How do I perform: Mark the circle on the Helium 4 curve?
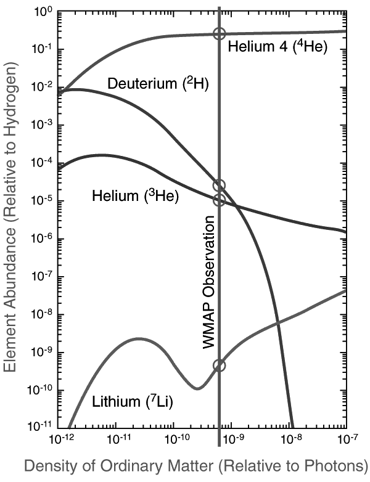coord(219,34)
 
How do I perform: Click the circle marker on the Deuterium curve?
coord(219,186)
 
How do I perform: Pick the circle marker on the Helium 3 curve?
coord(219,200)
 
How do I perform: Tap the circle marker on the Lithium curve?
coord(220,366)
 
